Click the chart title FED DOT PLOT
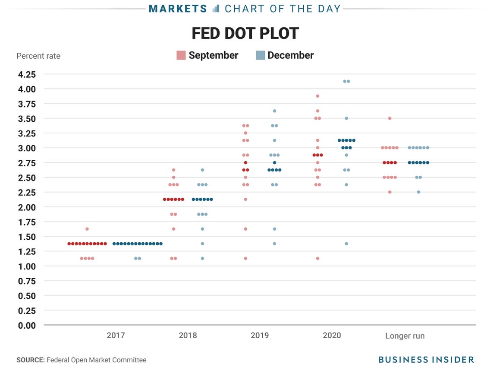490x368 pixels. [x=245, y=33]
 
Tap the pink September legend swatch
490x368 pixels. [x=181, y=55]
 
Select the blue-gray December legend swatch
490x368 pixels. [x=260, y=55]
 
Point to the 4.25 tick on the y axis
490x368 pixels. [x=27, y=74]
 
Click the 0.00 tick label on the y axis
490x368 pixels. [x=27, y=325]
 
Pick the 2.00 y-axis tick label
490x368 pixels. [x=27, y=207]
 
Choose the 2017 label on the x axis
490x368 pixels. [x=116, y=336]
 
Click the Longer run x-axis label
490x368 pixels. [x=405, y=336]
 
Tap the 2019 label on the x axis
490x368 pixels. [x=260, y=336]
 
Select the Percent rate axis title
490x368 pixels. [x=38, y=56]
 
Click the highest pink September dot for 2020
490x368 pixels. [x=317, y=96]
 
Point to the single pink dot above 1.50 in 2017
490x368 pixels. [x=87, y=229]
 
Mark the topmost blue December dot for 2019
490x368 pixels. [x=274, y=111]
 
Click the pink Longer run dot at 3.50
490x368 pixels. [x=389, y=118]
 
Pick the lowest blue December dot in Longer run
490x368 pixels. [x=418, y=192]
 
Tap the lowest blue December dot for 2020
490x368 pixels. [x=346, y=244]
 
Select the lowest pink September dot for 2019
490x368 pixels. [x=245, y=258]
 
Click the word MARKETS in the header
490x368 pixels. [x=178, y=9]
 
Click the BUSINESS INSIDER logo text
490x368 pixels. [x=426, y=360]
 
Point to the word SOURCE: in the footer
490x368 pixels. [x=30, y=360]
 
